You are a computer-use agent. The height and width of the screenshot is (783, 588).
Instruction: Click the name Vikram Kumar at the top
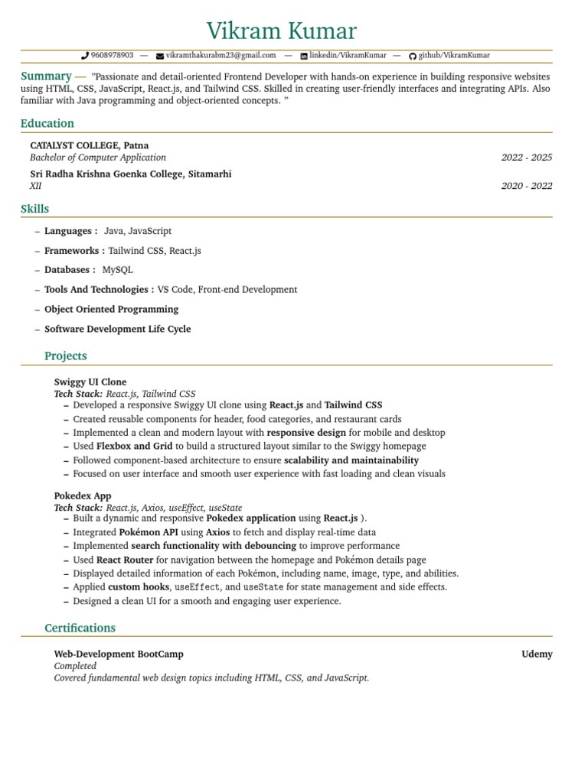pos(281,31)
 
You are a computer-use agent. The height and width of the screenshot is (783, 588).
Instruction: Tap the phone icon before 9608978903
pos(85,56)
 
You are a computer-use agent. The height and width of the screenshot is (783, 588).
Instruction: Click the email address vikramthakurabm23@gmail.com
pos(220,56)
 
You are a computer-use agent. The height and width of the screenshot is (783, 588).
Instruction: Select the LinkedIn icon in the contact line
pos(304,56)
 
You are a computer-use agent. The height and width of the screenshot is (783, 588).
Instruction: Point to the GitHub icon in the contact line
pos(413,56)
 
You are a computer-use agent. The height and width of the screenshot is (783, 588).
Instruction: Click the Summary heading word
pos(46,76)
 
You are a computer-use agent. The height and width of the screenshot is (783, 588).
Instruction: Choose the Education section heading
pos(47,124)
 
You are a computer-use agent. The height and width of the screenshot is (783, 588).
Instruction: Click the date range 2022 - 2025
pos(526,158)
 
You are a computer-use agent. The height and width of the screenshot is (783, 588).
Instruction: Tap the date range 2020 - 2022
pos(526,186)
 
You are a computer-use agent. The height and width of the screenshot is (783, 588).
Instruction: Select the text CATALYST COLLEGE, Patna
pos(89,145)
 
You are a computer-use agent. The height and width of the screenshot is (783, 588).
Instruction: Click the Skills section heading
pos(34,209)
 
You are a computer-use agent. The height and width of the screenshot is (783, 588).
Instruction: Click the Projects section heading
pos(65,356)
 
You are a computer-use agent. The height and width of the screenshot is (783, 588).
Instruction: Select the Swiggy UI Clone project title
pos(90,382)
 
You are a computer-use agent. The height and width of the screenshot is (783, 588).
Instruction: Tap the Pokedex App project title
pos(82,495)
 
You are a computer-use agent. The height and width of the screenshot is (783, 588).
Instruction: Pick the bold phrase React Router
pos(124,560)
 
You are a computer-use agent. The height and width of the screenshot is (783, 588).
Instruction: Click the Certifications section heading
pos(80,629)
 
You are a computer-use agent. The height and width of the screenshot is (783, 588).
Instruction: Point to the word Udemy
pos(537,655)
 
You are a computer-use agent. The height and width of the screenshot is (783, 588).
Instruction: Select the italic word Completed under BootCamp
pos(75,666)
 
